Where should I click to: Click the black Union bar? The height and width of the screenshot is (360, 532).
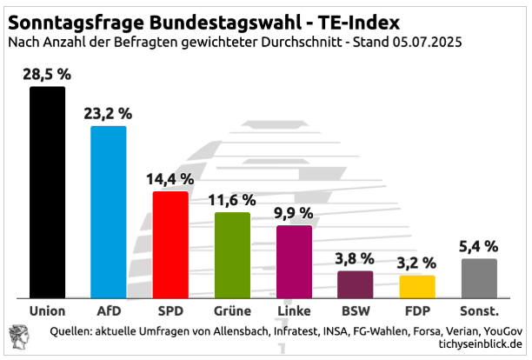[47, 191]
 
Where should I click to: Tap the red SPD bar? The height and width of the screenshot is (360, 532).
[170, 244]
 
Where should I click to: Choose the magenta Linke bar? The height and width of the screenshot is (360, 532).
[294, 261]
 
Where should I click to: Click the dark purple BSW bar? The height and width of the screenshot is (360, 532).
[356, 283]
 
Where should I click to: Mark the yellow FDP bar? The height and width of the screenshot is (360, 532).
[417, 286]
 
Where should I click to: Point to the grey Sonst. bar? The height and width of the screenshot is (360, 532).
[479, 277]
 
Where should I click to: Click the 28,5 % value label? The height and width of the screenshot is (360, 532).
[47, 73]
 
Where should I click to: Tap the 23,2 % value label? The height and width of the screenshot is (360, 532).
[109, 113]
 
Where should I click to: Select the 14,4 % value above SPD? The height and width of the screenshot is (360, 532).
[170, 179]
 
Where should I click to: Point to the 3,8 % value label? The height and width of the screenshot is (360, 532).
[356, 258]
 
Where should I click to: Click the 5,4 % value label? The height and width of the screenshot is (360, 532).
[479, 246]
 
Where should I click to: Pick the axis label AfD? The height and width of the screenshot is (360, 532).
[109, 310]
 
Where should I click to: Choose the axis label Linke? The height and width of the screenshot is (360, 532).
[294, 310]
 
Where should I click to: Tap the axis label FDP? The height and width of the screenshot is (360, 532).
[417, 310]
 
